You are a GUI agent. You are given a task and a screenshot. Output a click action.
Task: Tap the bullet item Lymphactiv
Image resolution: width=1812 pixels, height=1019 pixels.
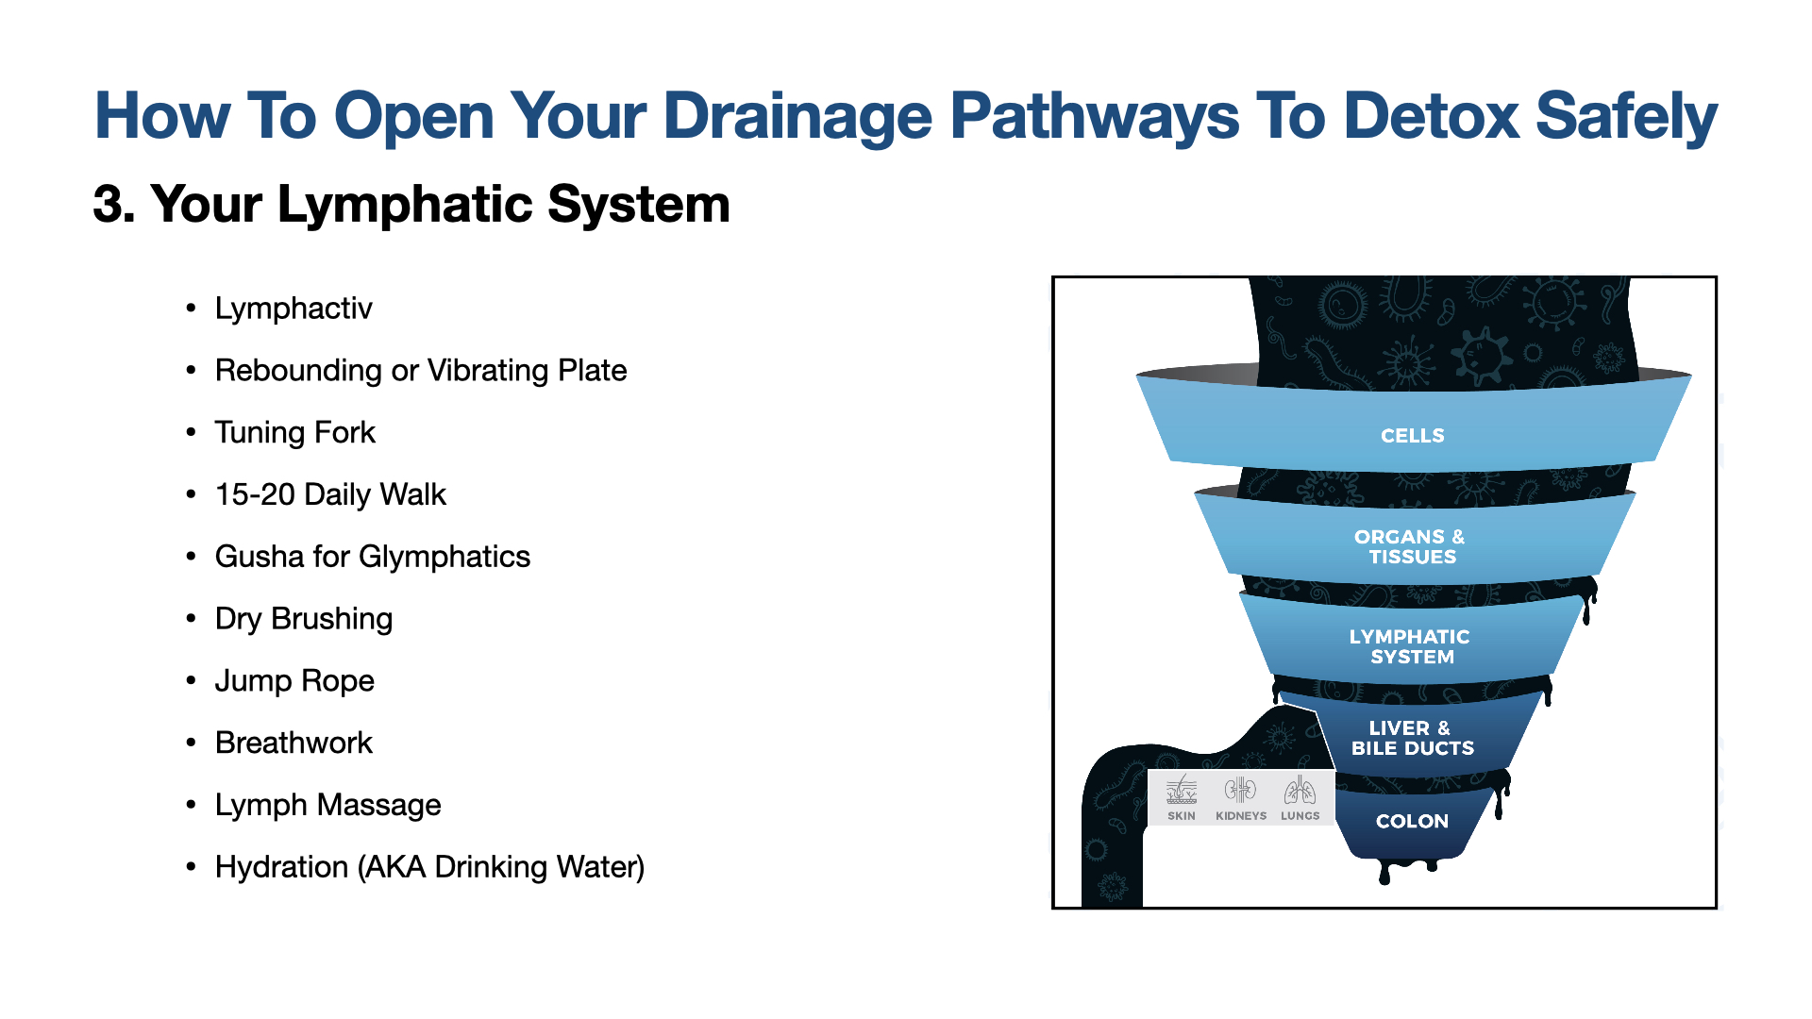294,309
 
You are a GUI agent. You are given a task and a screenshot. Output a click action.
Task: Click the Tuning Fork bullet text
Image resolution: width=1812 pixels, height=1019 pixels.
294,432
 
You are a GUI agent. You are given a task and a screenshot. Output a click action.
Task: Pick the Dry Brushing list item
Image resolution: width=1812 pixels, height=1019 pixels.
303,619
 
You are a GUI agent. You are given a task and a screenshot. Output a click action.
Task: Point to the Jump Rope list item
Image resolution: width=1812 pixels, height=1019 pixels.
294,681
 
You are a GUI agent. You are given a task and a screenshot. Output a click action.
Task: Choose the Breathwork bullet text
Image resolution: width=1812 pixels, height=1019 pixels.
294,743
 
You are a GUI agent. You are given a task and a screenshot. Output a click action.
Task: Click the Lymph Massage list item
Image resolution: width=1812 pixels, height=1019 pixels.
327,805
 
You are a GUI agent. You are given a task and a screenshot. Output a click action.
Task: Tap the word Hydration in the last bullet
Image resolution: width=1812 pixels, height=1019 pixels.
281,867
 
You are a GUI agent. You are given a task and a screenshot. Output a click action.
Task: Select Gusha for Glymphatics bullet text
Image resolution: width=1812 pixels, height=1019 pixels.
372,557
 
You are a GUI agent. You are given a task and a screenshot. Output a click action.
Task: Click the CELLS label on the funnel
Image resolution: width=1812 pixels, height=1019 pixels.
1412,436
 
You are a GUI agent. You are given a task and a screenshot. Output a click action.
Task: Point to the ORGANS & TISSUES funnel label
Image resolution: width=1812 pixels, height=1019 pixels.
1411,546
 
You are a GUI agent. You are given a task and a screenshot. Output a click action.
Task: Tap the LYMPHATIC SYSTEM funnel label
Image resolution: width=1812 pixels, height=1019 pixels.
1410,646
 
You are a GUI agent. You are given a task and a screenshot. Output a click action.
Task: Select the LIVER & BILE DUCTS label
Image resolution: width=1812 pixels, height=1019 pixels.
1412,738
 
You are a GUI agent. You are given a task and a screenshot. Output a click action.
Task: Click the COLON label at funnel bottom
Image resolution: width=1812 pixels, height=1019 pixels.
1412,821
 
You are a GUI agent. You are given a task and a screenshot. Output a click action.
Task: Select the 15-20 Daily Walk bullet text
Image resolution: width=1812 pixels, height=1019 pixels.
330,494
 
